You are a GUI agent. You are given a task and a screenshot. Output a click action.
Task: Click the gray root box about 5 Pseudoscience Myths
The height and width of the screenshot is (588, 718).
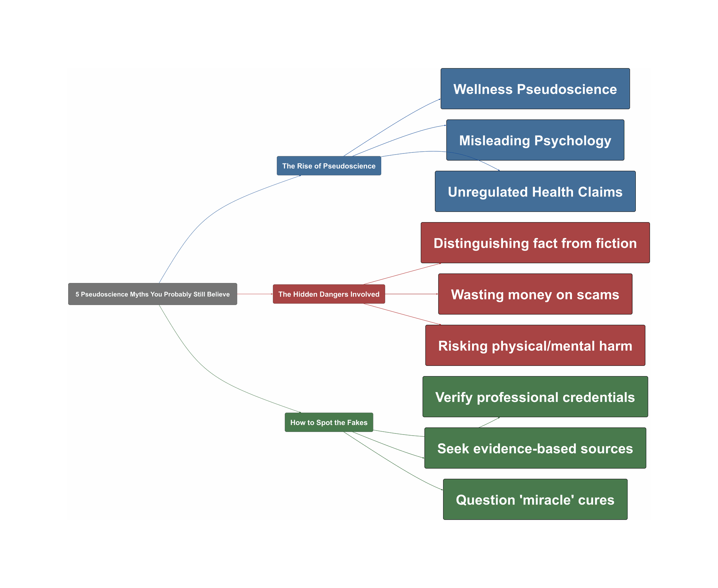point(153,294)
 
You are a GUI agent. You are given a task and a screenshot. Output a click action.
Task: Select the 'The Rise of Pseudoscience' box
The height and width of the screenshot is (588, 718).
point(329,166)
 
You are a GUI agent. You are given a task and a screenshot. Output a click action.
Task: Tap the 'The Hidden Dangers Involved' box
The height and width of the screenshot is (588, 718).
point(329,294)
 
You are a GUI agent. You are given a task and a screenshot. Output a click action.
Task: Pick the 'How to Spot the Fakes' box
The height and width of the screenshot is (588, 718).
point(329,422)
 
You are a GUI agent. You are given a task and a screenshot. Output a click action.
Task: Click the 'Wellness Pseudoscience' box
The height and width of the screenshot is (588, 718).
point(535,89)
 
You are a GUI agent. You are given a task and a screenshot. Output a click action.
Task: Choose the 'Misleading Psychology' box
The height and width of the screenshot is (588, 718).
point(535,140)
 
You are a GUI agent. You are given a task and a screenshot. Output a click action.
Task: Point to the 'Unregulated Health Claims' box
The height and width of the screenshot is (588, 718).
point(535,192)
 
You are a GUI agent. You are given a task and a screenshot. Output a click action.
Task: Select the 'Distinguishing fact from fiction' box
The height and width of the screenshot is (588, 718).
point(535,243)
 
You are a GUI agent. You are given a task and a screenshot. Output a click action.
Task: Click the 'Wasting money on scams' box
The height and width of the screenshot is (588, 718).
point(535,294)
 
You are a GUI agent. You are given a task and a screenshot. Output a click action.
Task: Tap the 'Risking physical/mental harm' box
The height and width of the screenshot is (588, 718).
point(535,345)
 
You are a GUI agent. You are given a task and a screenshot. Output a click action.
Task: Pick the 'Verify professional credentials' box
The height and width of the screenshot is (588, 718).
point(535,397)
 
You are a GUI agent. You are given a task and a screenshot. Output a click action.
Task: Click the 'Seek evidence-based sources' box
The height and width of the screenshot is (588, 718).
point(535,448)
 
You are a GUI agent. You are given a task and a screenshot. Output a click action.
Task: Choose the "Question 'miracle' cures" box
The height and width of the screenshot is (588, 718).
point(535,500)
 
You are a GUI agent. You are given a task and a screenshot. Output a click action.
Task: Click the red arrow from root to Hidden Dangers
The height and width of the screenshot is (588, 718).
point(255,294)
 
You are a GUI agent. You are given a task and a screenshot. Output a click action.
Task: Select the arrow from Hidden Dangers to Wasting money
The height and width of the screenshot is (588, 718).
point(411,294)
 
